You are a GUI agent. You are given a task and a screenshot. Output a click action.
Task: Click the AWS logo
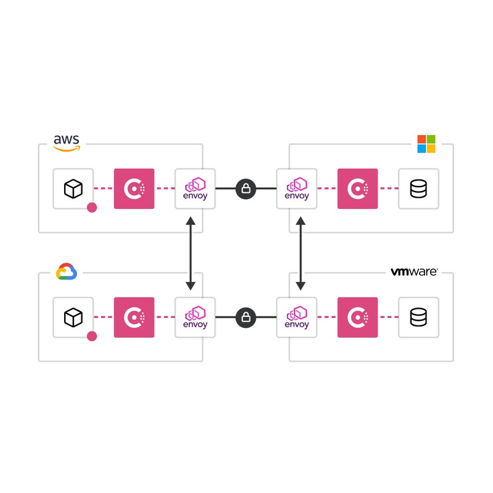click(66, 142)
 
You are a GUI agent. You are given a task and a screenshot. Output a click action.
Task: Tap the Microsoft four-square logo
click(426, 144)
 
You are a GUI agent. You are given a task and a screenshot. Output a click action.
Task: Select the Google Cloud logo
click(66, 272)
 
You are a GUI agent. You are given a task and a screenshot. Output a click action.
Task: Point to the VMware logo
click(414, 272)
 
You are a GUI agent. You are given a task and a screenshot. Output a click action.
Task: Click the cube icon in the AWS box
click(73, 189)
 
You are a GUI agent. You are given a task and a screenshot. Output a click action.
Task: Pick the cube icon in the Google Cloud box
click(73, 317)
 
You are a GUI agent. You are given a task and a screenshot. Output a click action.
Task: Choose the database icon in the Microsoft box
click(418, 189)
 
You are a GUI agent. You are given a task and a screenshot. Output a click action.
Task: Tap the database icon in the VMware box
click(418, 317)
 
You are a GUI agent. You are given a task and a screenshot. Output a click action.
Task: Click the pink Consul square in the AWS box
click(134, 189)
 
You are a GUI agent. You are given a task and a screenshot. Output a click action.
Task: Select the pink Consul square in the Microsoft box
click(357, 189)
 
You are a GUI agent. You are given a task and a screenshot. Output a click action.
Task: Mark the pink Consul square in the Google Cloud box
click(134, 317)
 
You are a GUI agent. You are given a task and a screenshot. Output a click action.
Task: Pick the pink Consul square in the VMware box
click(357, 317)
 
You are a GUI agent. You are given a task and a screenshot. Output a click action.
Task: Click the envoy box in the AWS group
click(195, 189)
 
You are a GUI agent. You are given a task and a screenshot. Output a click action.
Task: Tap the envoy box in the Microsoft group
click(297, 189)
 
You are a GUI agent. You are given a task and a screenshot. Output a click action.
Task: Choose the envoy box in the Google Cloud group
click(195, 317)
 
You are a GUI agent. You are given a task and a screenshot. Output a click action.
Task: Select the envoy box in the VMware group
click(297, 317)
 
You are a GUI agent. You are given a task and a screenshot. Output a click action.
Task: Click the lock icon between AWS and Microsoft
click(246, 189)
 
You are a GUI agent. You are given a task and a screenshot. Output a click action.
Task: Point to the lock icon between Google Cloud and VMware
click(246, 317)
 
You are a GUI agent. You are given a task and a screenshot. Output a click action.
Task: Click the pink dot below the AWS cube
click(92, 208)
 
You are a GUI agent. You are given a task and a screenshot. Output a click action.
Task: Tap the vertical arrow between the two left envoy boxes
click(190, 253)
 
